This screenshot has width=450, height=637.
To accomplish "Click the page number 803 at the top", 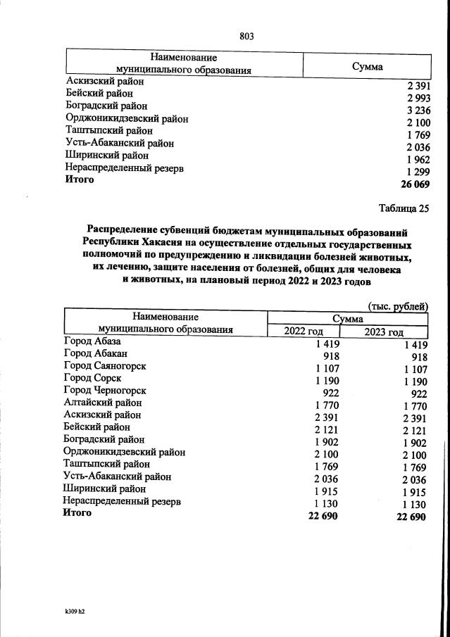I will pos(246,36).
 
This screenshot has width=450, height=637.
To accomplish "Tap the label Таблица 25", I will pos(403,208).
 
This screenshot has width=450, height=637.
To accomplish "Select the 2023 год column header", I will pos(384,333).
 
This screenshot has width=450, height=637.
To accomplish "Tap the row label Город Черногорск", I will pos(105,391).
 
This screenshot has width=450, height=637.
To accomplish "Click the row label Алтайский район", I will pos(103,403).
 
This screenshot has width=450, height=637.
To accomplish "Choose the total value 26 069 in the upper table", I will pos(415,184).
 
